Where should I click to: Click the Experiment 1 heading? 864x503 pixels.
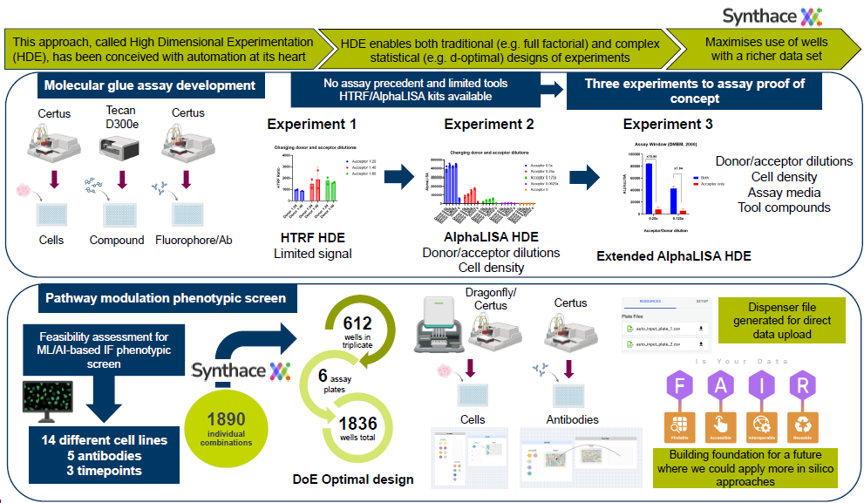311,124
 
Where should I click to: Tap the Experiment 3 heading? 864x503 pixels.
668,124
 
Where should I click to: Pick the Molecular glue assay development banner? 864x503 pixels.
150,85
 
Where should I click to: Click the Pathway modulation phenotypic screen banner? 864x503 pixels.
166,298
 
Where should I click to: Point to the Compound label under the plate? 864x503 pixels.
117,240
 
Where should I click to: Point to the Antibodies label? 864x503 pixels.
572,419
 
